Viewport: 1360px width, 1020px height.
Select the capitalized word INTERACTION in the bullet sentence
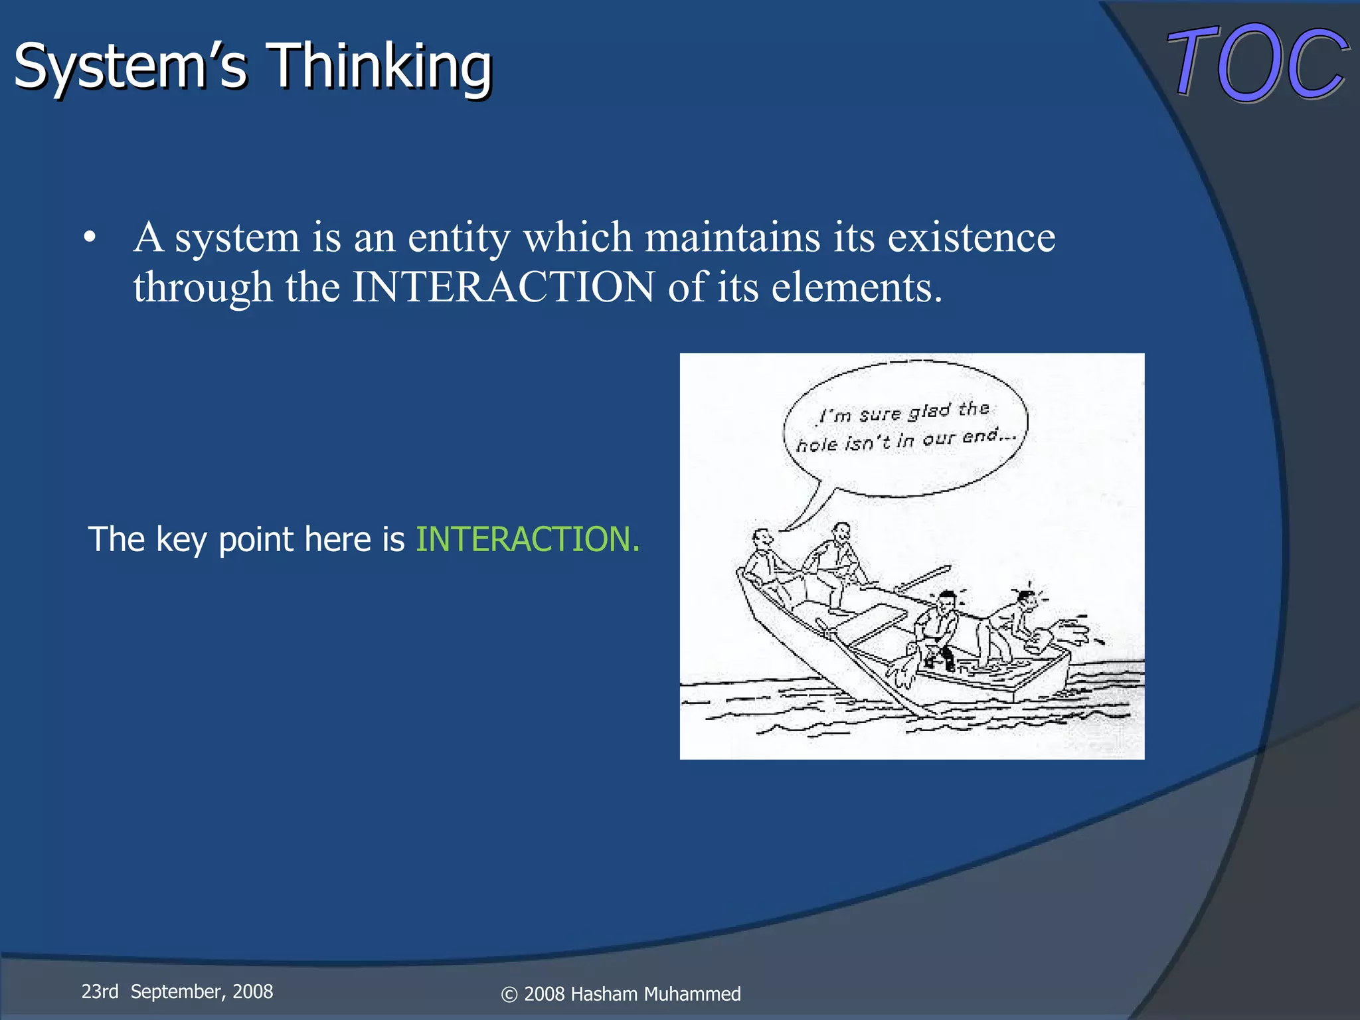pos(503,287)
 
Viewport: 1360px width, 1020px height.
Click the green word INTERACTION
pos(527,539)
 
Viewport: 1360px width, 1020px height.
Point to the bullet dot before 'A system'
pos(90,238)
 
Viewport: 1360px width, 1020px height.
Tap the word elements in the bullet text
pos(855,287)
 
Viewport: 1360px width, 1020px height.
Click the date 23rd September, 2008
pos(177,991)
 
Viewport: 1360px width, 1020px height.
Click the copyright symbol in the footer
pos(509,995)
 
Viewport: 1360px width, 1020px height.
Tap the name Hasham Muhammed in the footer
pos(655,994)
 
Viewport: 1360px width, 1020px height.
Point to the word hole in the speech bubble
pos(817,444)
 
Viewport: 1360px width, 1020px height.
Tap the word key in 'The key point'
pos(181,539)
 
